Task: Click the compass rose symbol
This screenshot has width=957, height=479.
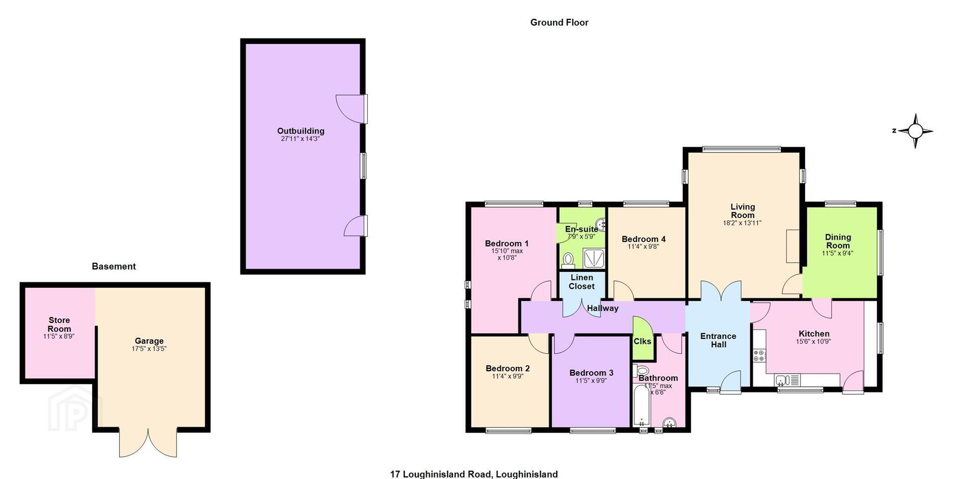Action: [x=915, y=131]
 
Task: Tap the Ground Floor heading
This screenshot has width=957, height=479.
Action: [x=559, y=22]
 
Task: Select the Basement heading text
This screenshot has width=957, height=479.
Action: [x=114, y=266]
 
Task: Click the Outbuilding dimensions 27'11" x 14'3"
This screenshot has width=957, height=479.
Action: [x=300, y=139]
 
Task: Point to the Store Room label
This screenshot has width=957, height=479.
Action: [x=59, y=324]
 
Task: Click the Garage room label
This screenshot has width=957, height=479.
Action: [x=149, y=341]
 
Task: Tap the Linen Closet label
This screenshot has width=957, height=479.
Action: [x=582, y=282]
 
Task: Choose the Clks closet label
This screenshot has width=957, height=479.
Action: [x=642, y=341]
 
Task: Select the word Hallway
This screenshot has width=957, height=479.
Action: [x=603, y=308]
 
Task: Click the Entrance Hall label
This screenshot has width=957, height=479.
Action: [x=718, y=340]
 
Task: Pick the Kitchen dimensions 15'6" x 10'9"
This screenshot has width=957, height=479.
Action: [x=813, y=342]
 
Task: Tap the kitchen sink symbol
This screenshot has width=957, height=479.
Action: [x=788, y=380]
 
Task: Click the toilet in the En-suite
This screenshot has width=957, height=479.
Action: [x=567, y=259]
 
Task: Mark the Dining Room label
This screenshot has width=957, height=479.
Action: [x=838, y=241]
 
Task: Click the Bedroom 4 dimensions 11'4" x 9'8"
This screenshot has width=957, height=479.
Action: [x=643, y=246]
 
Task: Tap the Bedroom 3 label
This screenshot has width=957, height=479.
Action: [x=591, y=373]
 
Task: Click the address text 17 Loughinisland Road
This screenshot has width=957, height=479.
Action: [x=441, y=474]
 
